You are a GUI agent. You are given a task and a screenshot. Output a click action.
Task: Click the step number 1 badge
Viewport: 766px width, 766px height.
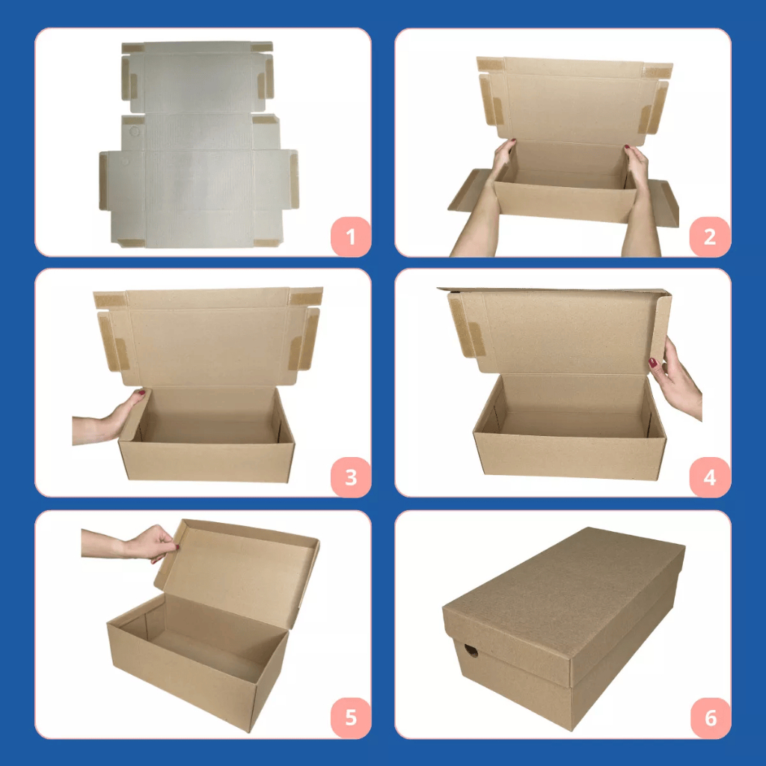click(x=350, y=236)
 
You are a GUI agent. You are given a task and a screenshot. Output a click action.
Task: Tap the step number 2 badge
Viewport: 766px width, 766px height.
click(x=709, y=236)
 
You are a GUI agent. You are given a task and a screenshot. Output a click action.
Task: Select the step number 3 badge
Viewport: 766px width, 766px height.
click(x=350, y=477)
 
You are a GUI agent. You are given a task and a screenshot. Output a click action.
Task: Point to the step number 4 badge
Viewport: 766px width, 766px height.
click(x=709, y=477)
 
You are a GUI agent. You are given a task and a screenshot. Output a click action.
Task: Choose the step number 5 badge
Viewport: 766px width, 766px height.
click(x=350, y=717)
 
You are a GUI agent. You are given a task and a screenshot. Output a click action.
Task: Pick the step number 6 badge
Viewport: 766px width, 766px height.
click(x=711, y=717)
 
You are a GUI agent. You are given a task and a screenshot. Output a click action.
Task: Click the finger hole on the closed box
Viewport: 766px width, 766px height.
click(x=471, y=651)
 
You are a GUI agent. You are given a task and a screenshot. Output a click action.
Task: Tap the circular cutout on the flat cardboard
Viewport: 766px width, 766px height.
click(x=135, y=132)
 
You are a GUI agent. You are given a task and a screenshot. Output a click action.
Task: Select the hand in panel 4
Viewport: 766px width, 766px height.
click(x=676, y=376)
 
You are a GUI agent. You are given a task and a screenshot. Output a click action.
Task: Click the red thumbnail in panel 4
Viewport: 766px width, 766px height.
click(x=652, y=363)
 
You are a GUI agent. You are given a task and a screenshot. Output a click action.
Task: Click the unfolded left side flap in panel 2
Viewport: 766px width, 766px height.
click(x=469, y=191)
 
